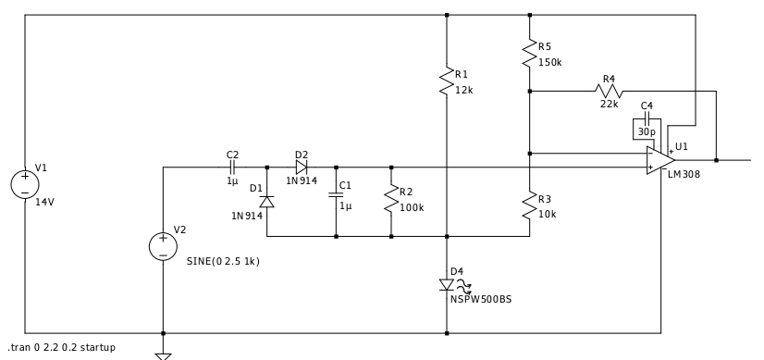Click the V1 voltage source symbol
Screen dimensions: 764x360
tap(25, 184)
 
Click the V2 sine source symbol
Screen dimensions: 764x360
tap(163, 246)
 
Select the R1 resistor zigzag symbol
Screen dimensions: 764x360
tap(447, 81)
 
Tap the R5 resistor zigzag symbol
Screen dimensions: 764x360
tap(530, 54)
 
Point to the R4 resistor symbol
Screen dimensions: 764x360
tap(609, 91)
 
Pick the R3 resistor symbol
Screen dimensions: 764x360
tap(530, 206)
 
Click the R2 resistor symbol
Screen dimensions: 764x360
tap(391, 199)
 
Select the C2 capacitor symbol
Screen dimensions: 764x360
tap(232, 168)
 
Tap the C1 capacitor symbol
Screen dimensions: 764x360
tap(336, 194)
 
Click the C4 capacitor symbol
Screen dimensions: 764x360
tap(647, 118)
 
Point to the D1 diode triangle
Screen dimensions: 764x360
tap(266, 202)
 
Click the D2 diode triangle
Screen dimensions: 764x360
tap(302, 168)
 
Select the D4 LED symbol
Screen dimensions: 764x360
tap(447, 285)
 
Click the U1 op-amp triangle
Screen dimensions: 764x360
tap(660, 160)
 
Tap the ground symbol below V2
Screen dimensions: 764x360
tap(163, 356)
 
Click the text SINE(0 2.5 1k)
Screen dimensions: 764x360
tap(223, 262)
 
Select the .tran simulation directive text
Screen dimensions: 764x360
tap(62, 347)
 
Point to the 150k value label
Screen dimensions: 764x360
tap(550, 62)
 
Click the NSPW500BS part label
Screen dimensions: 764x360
tap(481, 300)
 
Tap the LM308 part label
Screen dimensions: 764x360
tap(684, 174)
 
